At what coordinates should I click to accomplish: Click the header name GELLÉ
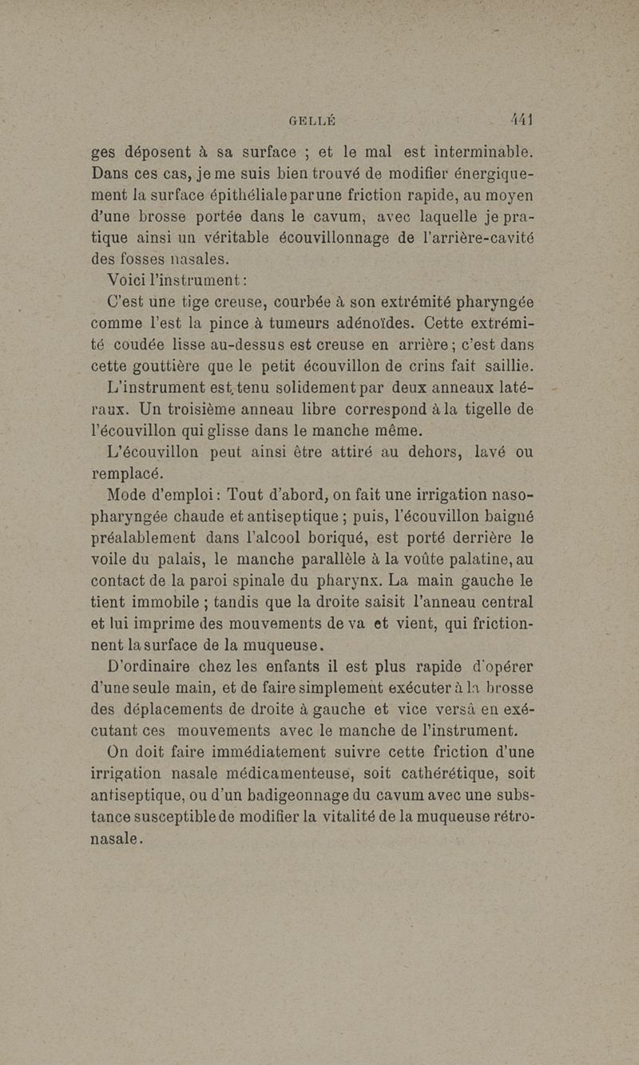tap(312, 121)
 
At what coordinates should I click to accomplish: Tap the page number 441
tap(521, 119)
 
